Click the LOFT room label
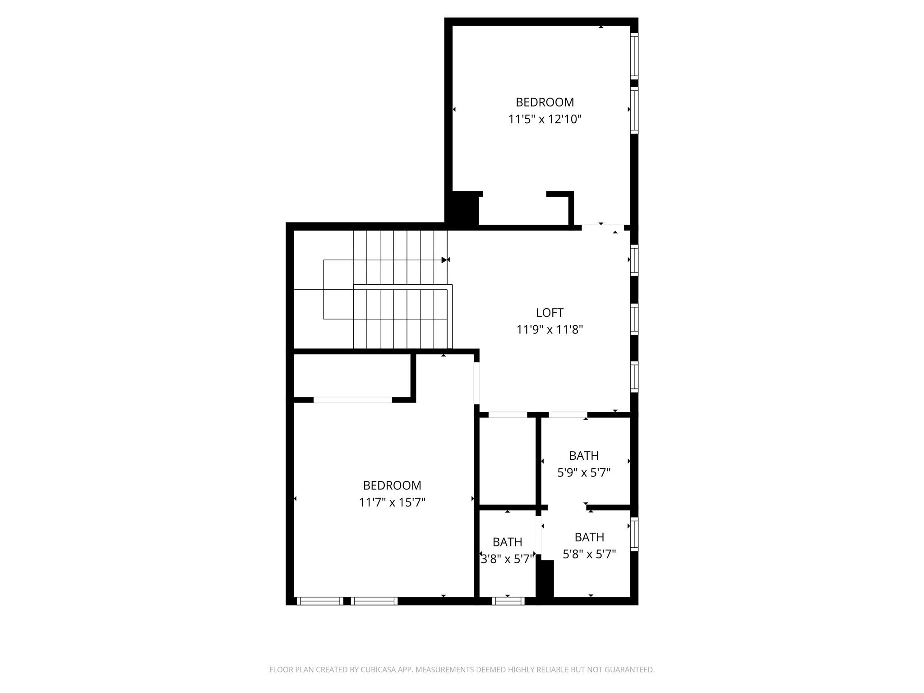tap(550, 313)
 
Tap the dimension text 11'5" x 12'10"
tap(545, 120)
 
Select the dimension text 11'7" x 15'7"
tap(392, 503)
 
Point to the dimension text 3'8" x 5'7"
tap(508, 559)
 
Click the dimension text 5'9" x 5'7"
tap(584, 473)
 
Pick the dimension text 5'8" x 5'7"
tap(589, 554)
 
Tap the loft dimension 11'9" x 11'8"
tap(550, 330)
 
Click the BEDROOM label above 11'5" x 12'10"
tap(545, 102)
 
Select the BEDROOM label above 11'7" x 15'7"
tap(392, 485)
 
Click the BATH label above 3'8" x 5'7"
tap(508, 542)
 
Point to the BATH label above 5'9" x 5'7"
tap(584, 456)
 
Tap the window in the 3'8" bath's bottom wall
tap(508, 601)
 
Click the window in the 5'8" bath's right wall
tap(634, 534)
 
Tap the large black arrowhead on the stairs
tap(444, 260)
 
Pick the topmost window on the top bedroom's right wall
tap(634, 56)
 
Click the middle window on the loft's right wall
tap(634, 320)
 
